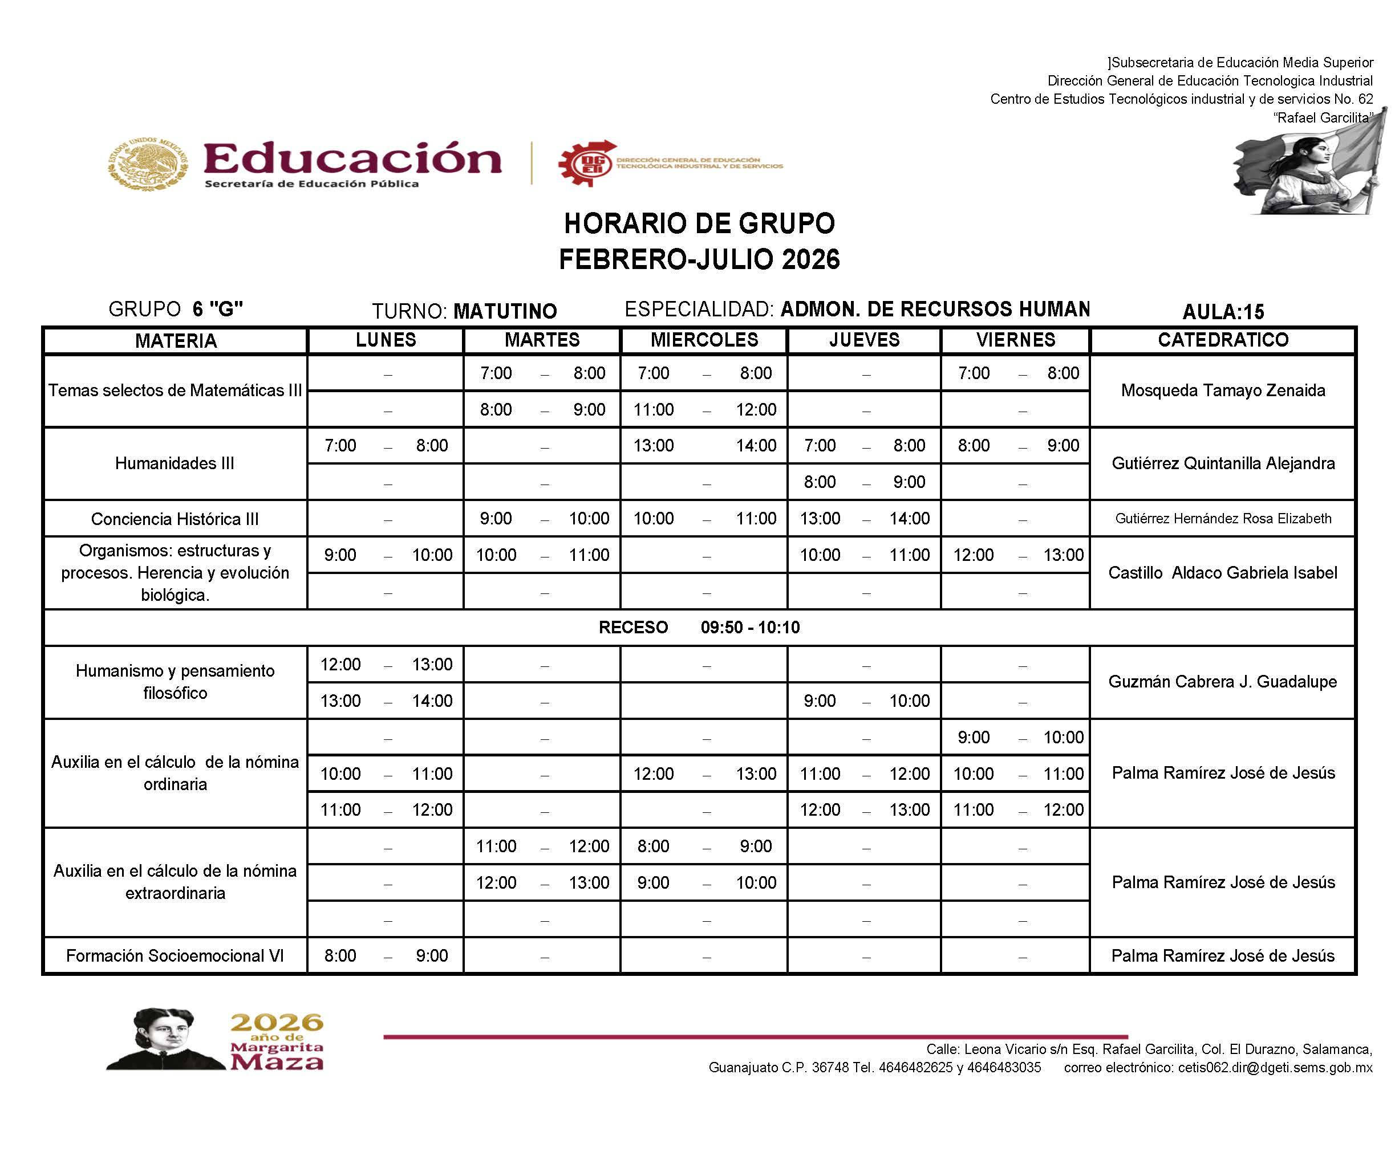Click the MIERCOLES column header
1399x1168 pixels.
pyautogui.click(x=704, y=340)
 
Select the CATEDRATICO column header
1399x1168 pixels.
pyautogui.click(x=1222, y=340)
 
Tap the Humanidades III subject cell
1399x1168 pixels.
pyautogui.click(x=175, y=463)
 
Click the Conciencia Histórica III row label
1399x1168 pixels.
pyautogui.click(x=175, y=519)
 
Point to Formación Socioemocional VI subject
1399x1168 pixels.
pyautogui.click(x=175, y=955)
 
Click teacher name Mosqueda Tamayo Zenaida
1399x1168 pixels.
pyautogui.click(x=1222, y=390)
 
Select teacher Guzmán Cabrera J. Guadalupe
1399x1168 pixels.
pyautogui.click(x=1222, y=682)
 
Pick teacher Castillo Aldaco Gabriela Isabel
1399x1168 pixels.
pyautogui.click(x=1222, y=573)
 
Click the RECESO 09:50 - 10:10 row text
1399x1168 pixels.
pyautogui.click(x=699, y=627)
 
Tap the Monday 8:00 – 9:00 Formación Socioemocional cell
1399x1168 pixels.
pyautogui.click(x=386, y=955)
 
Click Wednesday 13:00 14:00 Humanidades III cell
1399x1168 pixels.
pyautogui.click(x=704, y=446)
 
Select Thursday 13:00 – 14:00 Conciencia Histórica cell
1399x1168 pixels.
pyautogui.click(x=864, y=519)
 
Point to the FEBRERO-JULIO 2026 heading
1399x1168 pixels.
pyautogui.click(x=699, y=259)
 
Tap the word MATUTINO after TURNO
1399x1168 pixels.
pyautogui.click(x=504, y=311)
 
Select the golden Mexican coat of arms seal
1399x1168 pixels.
pyautogui.click(x=147, y=164)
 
